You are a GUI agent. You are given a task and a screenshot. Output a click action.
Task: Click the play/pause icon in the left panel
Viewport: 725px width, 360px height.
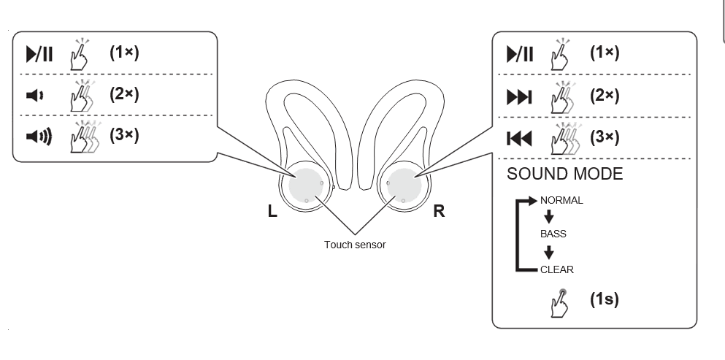39,54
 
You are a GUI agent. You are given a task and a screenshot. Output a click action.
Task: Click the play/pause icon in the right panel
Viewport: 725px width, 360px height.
519,54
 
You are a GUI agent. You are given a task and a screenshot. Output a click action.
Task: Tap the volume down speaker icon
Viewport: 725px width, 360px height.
35,96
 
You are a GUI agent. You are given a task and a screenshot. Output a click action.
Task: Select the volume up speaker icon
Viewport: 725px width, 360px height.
39,137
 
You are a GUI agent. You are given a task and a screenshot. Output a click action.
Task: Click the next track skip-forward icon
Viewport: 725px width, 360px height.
519,96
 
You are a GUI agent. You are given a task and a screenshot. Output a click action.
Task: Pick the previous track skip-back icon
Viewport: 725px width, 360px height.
519,138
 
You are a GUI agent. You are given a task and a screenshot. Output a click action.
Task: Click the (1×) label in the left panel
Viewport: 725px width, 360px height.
124,53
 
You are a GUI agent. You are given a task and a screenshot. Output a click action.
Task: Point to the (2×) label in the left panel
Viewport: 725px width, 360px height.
124,94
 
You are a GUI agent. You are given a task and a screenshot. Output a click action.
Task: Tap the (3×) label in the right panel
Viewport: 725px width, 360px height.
605,137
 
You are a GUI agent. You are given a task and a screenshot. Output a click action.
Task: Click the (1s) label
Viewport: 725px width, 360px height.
605,299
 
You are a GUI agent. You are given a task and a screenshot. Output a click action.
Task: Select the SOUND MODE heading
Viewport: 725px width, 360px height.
564,174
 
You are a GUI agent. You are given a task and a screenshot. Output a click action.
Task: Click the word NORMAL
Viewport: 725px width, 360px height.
561,200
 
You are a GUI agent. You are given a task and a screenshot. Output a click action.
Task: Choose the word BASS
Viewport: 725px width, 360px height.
553,234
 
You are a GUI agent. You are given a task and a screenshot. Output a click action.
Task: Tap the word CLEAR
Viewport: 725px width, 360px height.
557,269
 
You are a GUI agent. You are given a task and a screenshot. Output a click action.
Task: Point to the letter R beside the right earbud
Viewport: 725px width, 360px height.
439,212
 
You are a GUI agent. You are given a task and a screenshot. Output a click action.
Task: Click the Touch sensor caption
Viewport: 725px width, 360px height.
355,245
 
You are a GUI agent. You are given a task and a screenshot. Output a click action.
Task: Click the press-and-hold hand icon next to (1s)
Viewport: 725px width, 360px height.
561,302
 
